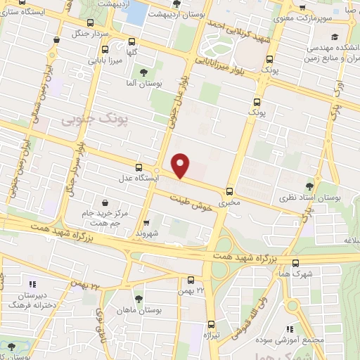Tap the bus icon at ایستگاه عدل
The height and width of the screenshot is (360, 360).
point(139,167)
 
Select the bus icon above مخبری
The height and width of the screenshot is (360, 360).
point(230,191)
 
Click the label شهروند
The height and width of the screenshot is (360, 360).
point(150,233)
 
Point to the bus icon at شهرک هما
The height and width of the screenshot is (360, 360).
point(296,264)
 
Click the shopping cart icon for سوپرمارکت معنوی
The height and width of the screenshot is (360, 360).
point(302,8)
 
